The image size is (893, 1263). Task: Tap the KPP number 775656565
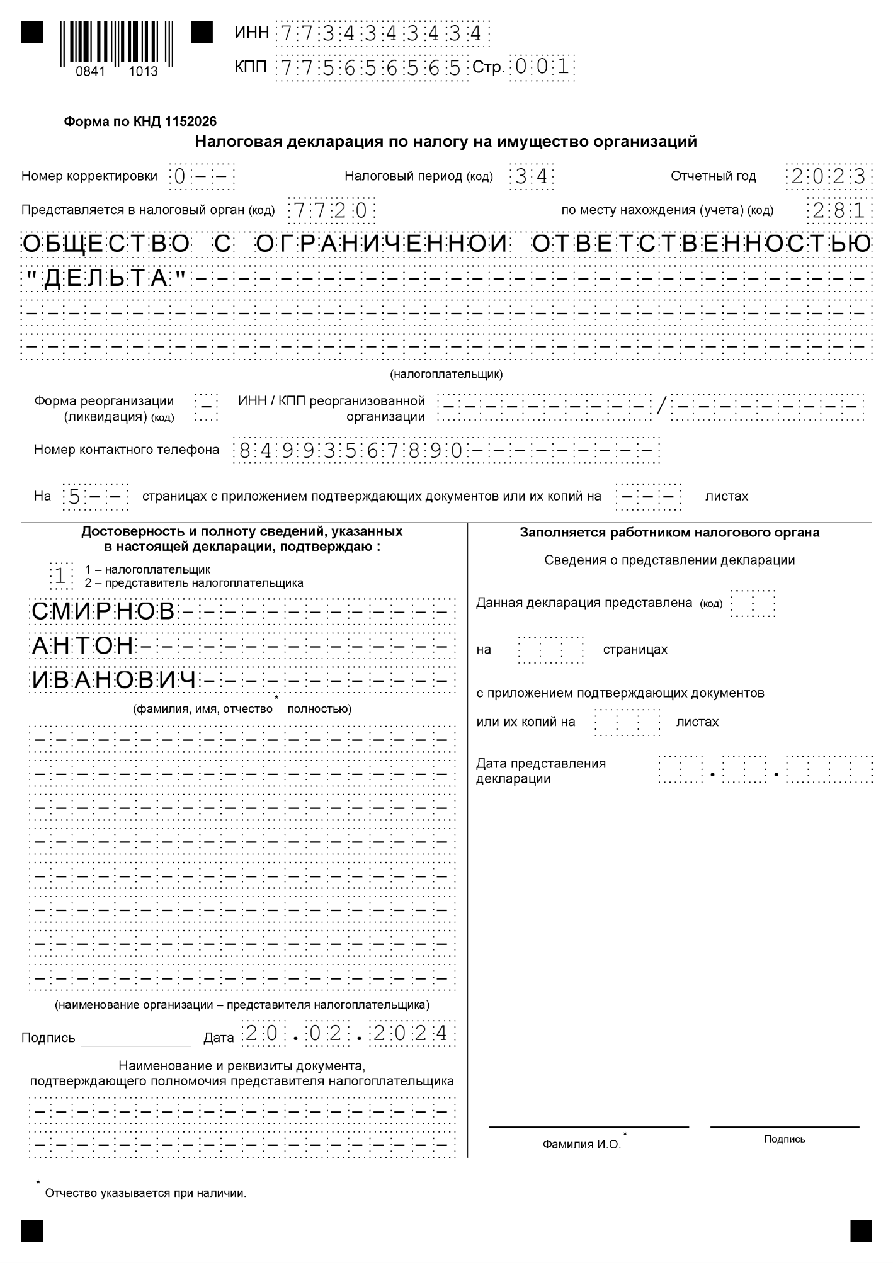[372, 67]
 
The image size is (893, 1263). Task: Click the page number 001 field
[542, 66]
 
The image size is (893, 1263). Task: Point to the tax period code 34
[531, 177]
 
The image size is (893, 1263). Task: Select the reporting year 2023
[829, 177]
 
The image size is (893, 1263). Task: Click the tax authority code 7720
[331, 210]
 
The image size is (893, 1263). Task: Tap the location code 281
[839, 210]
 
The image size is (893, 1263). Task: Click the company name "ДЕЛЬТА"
[106, 278]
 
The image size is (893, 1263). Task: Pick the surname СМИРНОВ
[103, 611]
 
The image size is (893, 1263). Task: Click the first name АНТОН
[82, 646]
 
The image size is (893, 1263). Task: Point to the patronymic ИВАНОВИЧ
[114, 681]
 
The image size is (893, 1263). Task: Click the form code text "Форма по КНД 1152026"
[140, 122]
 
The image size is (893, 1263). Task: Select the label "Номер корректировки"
[89, 176]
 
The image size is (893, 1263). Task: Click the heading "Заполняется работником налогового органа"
[669, 533]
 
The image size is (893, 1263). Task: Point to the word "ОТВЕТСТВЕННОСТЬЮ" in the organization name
[702, 244]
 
